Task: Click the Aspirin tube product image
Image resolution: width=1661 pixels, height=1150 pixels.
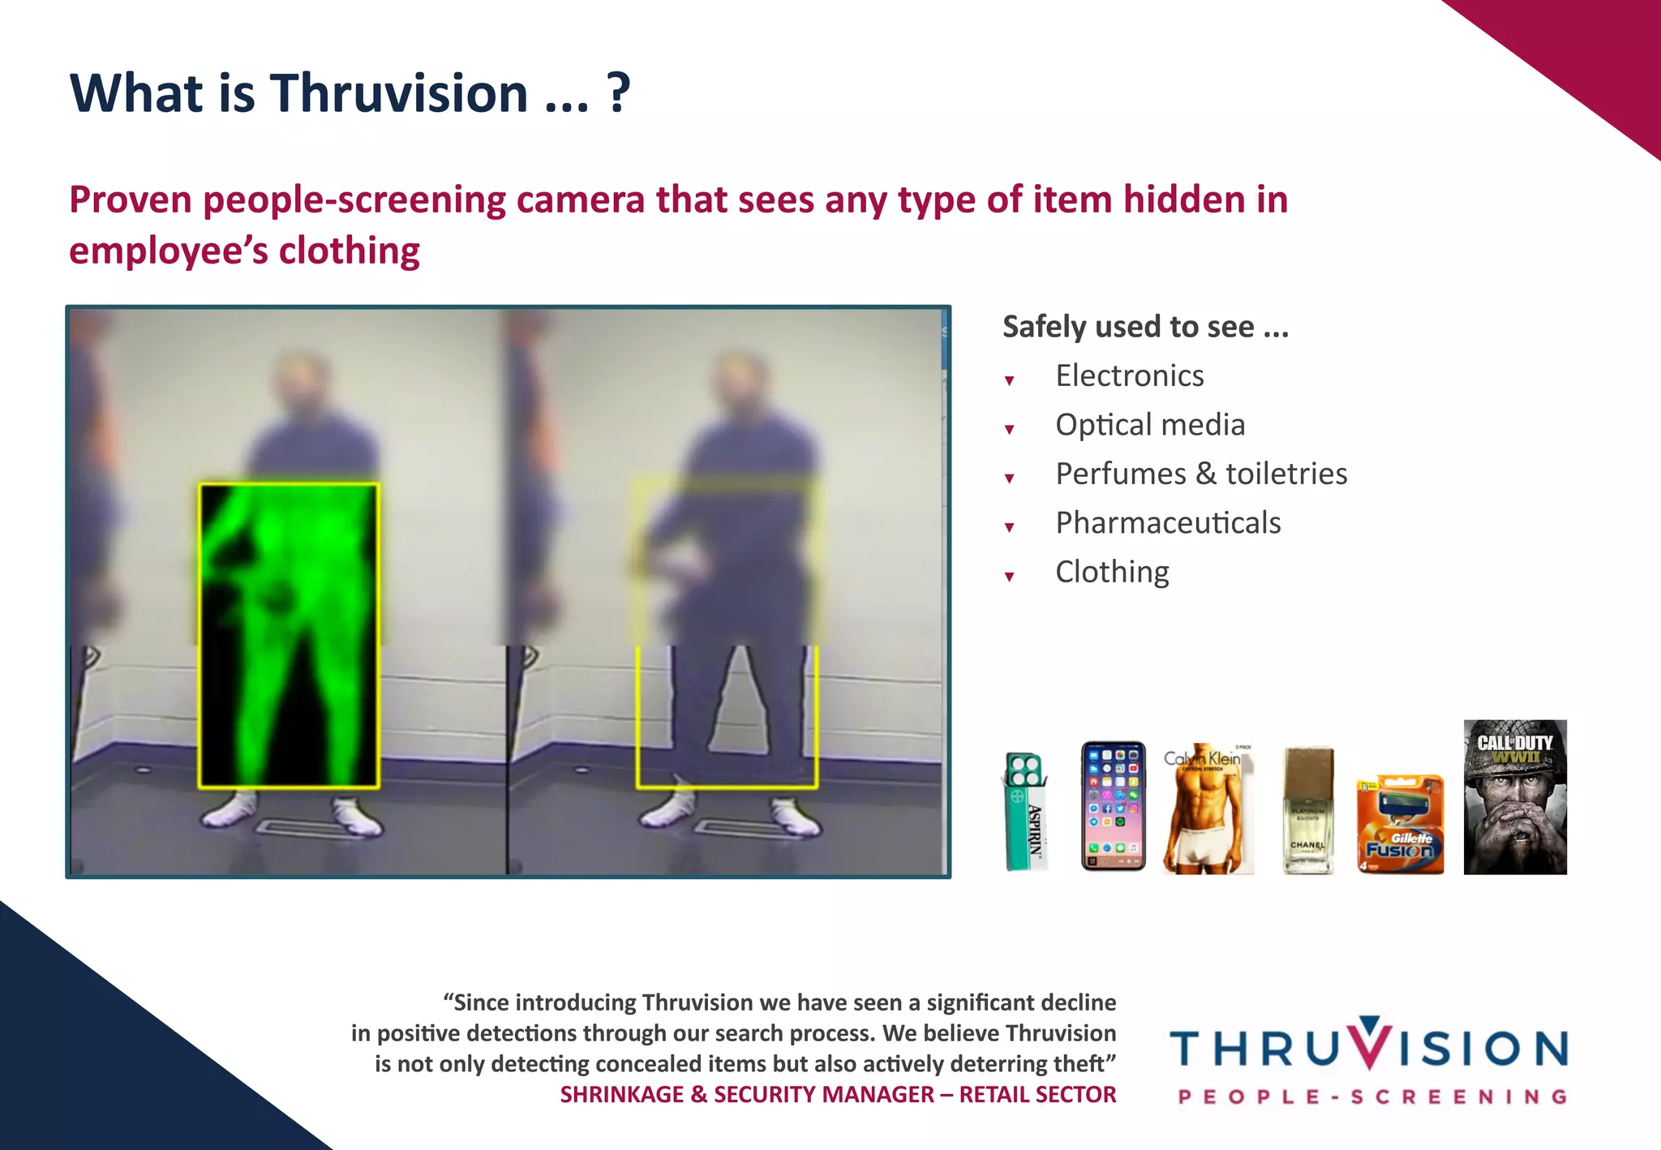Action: pyautogui.click(x=1024, y=811)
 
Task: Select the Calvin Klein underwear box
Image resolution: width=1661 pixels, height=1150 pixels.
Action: pyautogui.click(x=1208, y=809)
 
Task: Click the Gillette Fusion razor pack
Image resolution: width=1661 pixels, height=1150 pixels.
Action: pyautogui.click(x=1401, y=824)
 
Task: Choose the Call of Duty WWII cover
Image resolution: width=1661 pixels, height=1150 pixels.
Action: pyautogui.click(x=1515, y=796)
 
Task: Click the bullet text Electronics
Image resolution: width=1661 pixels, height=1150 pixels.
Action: pyautogui.click(x=1129, y=376)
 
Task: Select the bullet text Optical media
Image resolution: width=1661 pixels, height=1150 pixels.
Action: pyautogui.click(x=1149, y=425)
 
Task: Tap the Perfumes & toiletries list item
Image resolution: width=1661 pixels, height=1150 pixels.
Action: pyautogui.click(x=1200, y=474)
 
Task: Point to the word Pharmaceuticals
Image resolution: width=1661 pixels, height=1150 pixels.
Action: pyautogui.click(x=1168, y=523)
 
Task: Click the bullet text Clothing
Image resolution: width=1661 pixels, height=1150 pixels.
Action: pyautogui.click(x=1112, y=573)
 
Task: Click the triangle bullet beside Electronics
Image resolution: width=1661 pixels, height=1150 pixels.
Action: pyautogui.click(x=1010, y=380)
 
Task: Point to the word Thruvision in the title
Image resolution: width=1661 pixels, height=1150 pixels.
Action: pyautogui.click(x=399, y=93)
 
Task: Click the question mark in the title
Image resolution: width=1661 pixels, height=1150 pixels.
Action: pyautogui.click(x=618, y=93)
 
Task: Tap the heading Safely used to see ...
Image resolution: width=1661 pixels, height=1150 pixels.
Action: pyautogui.click(x=1144, y=327)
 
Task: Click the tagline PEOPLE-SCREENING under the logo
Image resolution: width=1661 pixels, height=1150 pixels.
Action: pyautogui.click(x=1372, y=1097)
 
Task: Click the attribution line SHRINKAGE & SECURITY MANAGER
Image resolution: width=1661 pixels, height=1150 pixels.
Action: pyautogui.click(x=837, y=1095)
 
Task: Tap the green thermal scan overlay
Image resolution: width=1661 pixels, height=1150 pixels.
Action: pyautogui.click(x=289, y=636)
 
